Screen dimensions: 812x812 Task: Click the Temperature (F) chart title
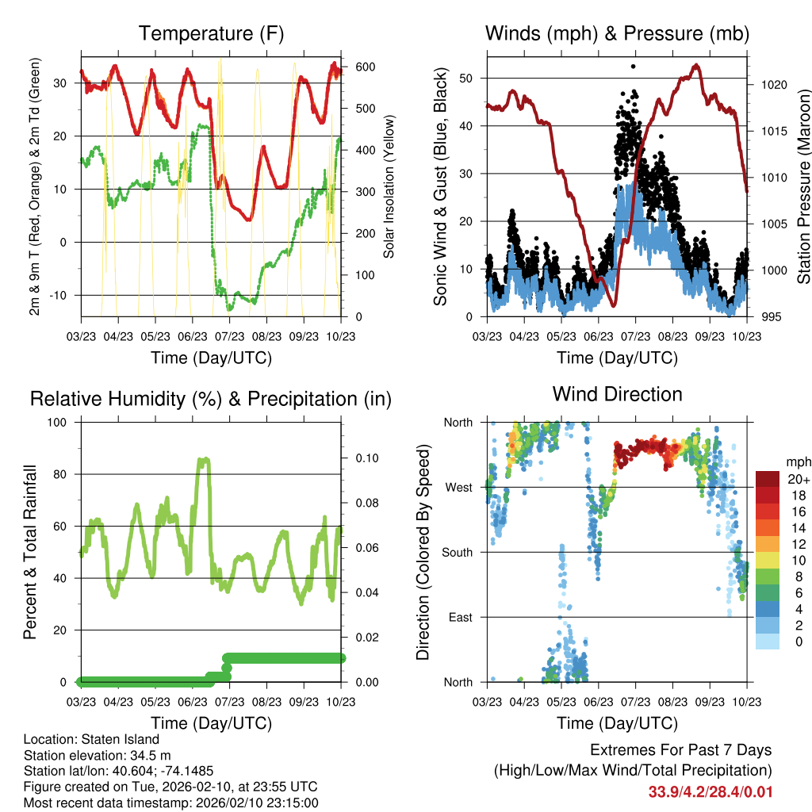[x=211, y=34]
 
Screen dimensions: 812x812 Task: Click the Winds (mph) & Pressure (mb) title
[x=617, y=34]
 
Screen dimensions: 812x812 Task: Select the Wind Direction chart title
[x=617, y=394]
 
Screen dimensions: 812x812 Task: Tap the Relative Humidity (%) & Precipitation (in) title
[x=211, y=399]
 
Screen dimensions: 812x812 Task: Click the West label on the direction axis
[x=459, y=487]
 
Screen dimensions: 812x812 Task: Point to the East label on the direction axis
[x=461, y=617]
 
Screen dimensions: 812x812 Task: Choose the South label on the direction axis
[x=458, y=552]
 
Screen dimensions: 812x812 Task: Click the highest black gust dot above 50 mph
[x=633, y=67]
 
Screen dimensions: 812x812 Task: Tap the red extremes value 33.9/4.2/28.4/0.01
[x=710, y=791]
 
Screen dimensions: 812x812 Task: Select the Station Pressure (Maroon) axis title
[x=803, y=186]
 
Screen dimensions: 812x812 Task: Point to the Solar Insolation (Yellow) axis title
[x=389, y=186]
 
